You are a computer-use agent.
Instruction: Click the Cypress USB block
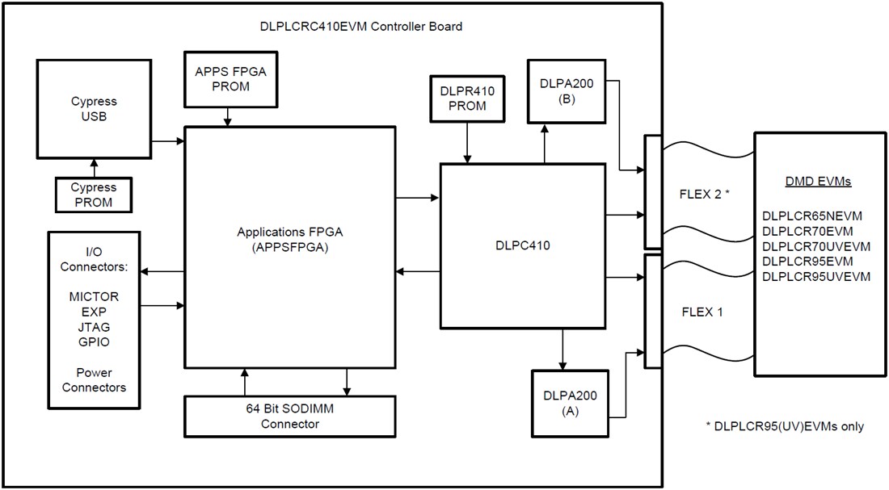point(94,109)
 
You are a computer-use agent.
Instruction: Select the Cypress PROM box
point(94,195)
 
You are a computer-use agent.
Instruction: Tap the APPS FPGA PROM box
point(230,78)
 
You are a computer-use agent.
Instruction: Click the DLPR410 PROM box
point(467,98)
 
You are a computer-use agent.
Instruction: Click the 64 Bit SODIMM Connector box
point(291,417)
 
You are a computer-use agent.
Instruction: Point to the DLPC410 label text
point(522,245)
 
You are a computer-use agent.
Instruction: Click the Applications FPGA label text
point(290,232)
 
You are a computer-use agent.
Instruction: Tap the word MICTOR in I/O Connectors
point(94,297)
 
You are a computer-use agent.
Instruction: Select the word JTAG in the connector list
point(94,327)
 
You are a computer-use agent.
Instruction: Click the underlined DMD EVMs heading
point(818,182)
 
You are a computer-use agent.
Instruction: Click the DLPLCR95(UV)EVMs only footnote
point(785,425)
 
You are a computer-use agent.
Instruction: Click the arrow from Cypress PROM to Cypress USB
point(94,168)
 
